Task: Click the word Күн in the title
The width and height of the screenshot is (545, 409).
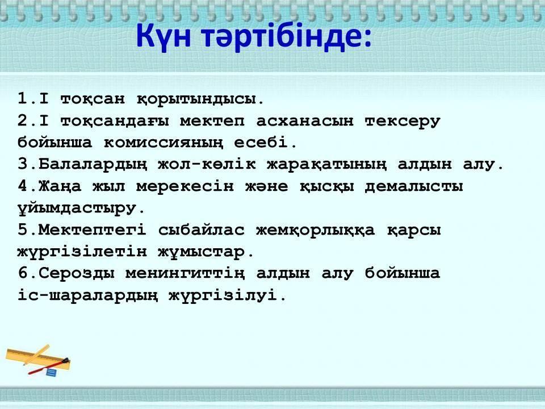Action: coord(163,36)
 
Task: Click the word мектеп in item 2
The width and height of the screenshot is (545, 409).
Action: coord(212,120)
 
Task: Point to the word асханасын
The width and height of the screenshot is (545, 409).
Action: coord(304,120)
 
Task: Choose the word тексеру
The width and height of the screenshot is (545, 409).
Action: coord(403,122)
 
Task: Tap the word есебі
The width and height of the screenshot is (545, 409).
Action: coord(261,142)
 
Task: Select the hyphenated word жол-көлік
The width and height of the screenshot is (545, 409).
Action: coord(207,164)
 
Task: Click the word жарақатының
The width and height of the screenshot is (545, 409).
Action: coord(326,165)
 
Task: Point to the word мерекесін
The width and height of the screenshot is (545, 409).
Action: coord(185,186)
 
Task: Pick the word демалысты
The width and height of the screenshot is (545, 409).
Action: coord(414,187)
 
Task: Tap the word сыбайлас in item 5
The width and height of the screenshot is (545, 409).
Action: coord(201,230)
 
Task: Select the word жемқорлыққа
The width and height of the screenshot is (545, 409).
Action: coord(315,230)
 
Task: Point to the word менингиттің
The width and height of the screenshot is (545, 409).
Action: coord(185,273)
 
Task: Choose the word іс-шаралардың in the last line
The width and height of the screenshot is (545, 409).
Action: coord(87,295)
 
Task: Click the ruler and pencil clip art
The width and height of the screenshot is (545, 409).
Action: coord(37,360)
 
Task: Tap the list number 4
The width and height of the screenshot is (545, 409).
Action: coord(23,186)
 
